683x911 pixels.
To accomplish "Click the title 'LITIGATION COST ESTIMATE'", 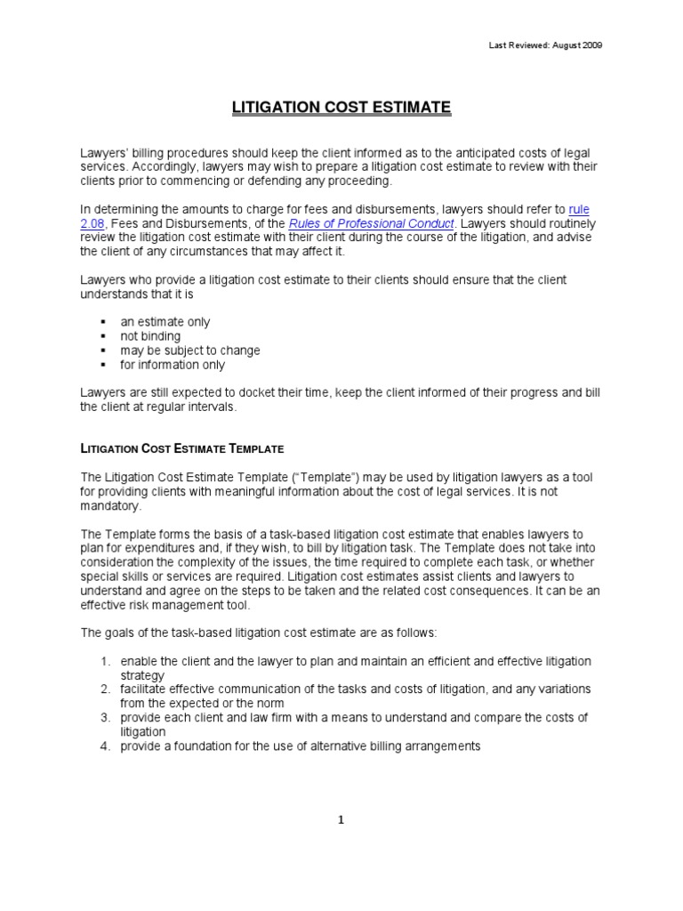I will coord(341,108).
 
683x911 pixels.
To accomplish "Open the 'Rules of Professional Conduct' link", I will coord(371,223).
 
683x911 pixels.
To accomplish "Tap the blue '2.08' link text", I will coord(92,223).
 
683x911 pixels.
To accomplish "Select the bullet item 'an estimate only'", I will coord(165,322).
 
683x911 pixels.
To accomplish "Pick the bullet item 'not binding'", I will coord(150,336).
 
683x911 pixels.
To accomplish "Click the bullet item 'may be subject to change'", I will coord(190,351).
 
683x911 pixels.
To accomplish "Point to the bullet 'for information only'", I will coord(173,365).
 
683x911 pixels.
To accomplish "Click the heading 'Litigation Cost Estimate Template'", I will coord(182,448).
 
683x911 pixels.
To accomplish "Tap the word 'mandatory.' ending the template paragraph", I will coord(110,505).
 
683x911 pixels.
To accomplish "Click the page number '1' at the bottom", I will coord(341,820).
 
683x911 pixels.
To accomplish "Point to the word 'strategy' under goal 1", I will coord(142,675).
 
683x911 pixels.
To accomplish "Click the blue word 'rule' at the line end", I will coord(578,209).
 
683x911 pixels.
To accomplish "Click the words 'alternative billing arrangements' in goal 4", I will coord(398,746).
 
